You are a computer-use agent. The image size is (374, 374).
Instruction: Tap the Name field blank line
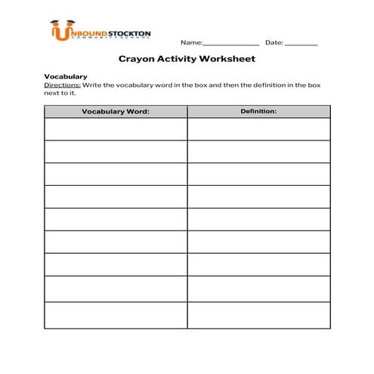(231, 43)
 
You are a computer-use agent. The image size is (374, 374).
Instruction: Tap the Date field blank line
(301, 43)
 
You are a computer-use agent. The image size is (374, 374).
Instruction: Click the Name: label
(191, 42)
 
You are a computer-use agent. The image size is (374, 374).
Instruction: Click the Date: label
(274, 42)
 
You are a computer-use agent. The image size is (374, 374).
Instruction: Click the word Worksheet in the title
(227, 58)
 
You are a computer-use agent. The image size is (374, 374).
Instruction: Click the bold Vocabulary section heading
(66, 76)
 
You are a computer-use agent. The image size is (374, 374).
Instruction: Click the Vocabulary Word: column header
(116, 112)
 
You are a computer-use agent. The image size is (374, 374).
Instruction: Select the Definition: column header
(258, 111)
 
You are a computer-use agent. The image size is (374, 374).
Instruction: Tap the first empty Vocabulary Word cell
(116, 129)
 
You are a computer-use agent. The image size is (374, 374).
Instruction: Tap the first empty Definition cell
(258, 129)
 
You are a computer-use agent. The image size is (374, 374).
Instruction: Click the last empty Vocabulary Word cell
(116, 314)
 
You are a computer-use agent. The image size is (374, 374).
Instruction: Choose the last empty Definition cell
(258, 314)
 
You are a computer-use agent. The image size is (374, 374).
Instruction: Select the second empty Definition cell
(258, 152)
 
